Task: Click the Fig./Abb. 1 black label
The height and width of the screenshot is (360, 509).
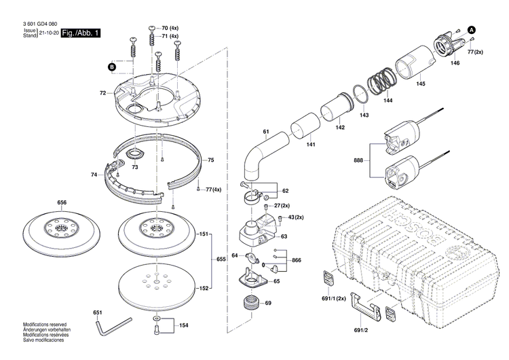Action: coord(80,32)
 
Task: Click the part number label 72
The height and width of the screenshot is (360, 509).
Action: coord(102,92)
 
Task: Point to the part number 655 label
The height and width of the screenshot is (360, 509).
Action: coord(221,260)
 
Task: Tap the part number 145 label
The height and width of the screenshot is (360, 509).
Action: coord(421,84)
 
